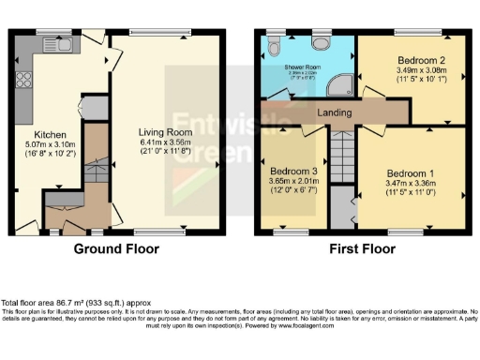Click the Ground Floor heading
[117, 249]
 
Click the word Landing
[334, 113]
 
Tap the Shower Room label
[304, 68]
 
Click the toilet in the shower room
[275, 46]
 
